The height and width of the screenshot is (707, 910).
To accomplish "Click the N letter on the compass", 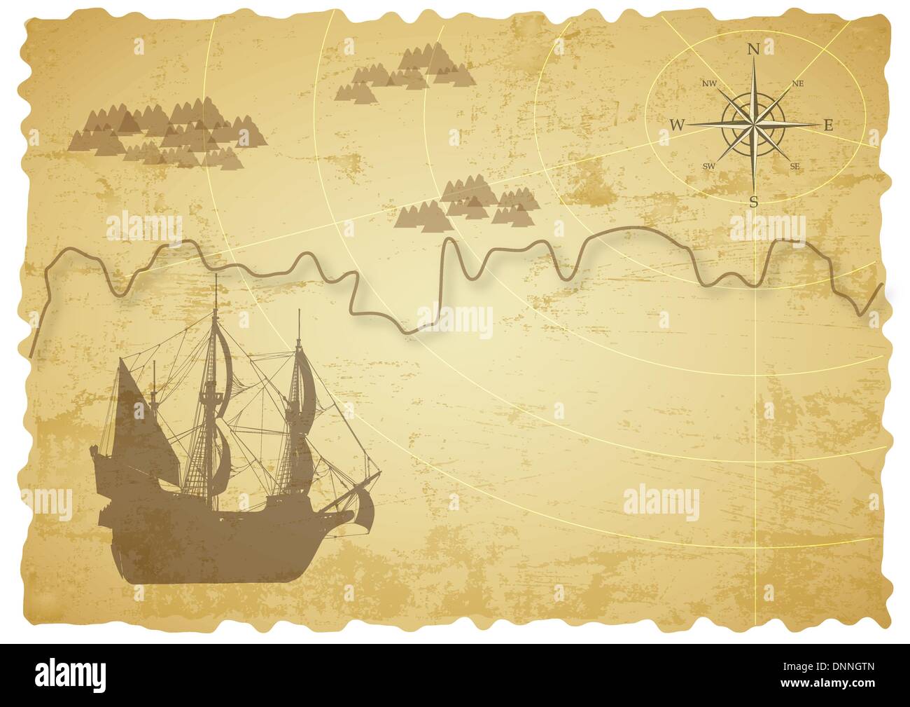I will [x=754, y=49].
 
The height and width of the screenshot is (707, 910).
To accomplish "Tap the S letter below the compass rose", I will [x=754, y=203].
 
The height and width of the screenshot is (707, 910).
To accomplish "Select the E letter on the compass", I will [x=827, y=126].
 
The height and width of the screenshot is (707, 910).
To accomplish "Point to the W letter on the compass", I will [x=677, y=125].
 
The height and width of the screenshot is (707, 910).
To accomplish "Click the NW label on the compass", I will [x=709, y=84].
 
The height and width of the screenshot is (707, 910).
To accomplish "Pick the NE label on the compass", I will [x=797, y=83].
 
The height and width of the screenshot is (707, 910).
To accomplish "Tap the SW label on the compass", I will [x=708, y=166].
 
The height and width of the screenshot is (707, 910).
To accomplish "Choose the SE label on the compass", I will [x=794, y=166].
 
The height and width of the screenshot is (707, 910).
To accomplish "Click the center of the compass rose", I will [x=753, y=125].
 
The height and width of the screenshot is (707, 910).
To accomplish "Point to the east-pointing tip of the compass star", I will [x=816, y=125].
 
